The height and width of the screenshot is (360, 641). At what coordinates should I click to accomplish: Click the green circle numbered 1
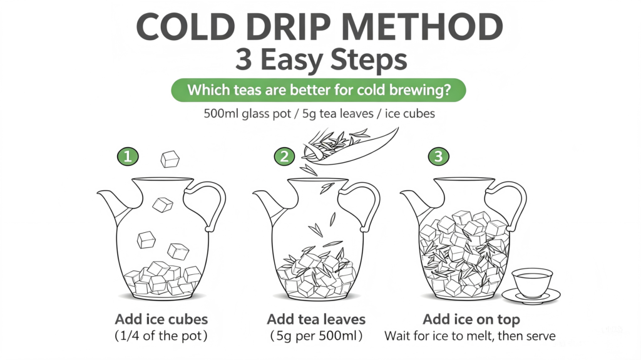[x=128, y=157]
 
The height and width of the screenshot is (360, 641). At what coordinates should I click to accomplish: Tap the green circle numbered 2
[x=285, y=157]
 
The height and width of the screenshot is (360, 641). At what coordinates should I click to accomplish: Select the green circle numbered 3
[x=439, y=157]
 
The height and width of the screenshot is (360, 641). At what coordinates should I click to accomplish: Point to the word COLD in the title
[x=188, y=27]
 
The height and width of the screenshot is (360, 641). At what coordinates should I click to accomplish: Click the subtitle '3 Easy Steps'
[x=321, y=59]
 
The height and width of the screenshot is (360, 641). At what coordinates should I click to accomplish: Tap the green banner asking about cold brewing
[x=319, y=90]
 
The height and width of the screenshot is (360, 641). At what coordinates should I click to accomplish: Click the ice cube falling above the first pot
[x=170, y=159]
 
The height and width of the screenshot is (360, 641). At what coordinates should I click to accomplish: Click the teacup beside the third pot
[x=531, y=285]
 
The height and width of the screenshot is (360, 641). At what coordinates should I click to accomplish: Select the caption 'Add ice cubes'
[x=161, y=319]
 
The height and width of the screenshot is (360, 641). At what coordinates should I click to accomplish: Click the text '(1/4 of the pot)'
[x=161, y=336]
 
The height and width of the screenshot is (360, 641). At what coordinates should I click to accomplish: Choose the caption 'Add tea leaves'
[x=316, y=319]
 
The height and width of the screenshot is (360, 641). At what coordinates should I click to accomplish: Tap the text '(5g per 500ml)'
[x=316, y=336]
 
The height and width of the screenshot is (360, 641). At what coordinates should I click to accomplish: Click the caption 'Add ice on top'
[x=471, y=319]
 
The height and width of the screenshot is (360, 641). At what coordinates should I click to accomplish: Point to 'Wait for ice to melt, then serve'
[x=470, y=336]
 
